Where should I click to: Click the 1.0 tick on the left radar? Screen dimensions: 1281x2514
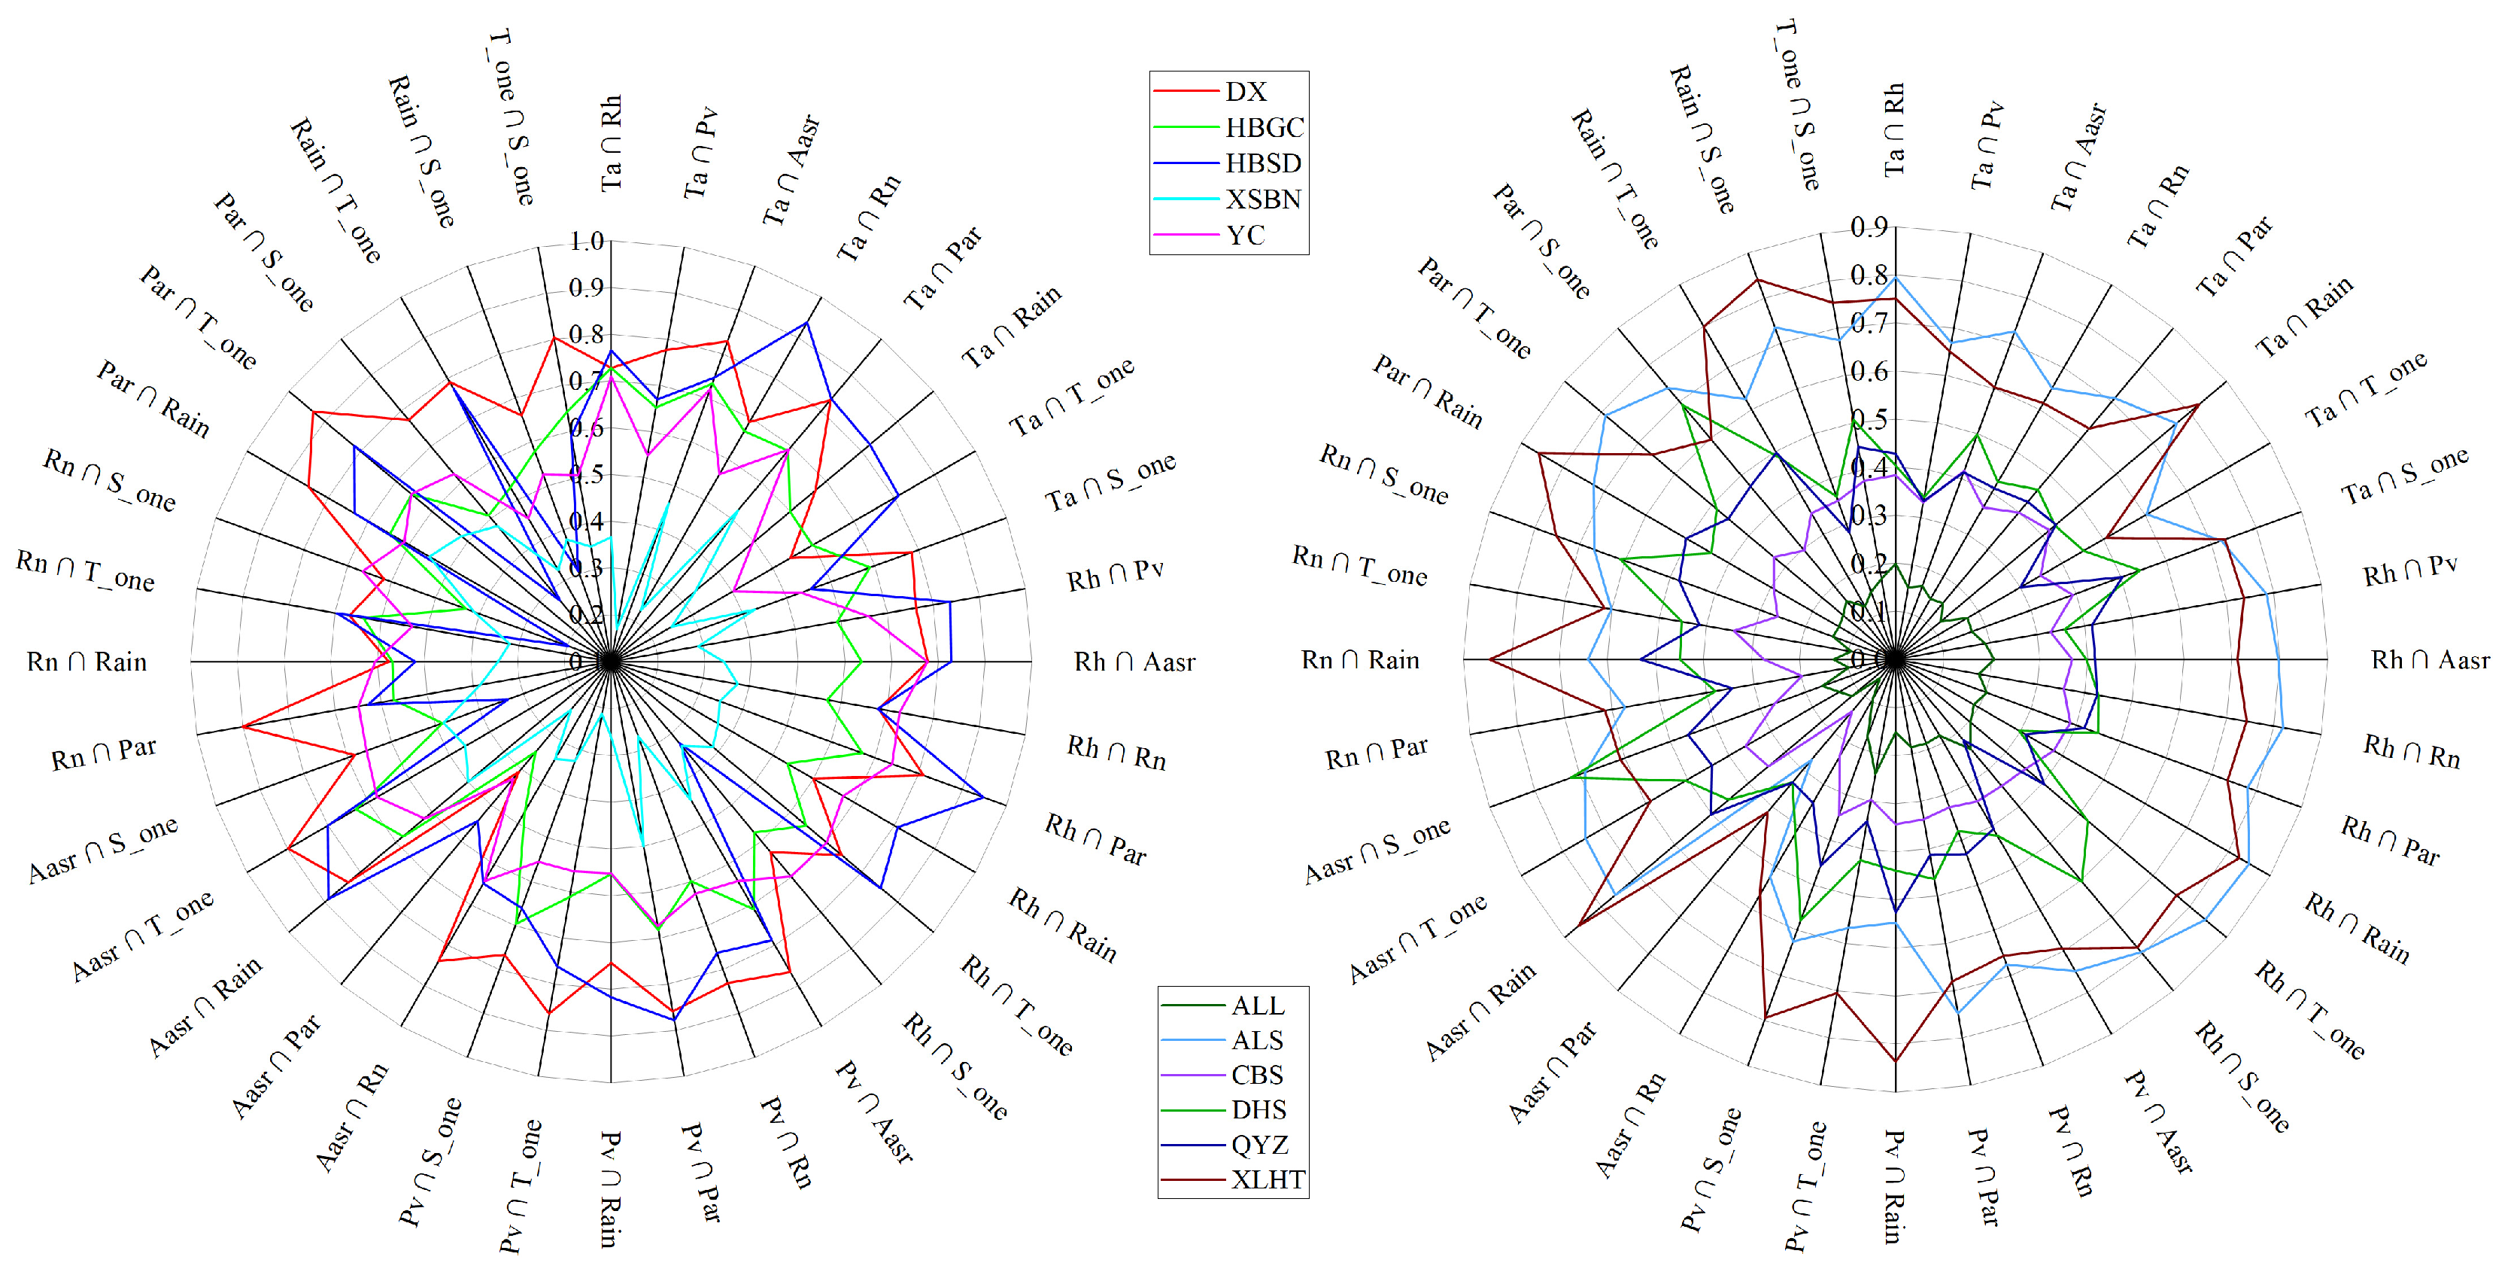click(x=587, y=240)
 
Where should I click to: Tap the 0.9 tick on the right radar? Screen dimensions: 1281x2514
click(x=1869, y=227)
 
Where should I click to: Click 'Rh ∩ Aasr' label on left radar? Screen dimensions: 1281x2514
click(x=1134, y=662)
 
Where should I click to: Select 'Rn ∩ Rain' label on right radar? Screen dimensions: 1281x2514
click(x=1359, y=660)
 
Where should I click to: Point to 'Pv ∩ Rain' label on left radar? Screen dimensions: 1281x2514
click(x=610, y=1188)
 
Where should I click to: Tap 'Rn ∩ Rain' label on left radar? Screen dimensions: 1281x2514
click(x=87, y=662)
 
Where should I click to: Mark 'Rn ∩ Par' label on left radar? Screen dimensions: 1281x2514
click(x=104, y=753)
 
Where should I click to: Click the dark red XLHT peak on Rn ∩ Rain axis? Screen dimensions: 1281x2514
click(x=1491, y=660)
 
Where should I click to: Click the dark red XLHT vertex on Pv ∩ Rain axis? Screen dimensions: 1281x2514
click(x=1895, y=1061)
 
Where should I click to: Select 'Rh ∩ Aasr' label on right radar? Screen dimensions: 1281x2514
click(x=2430, y=660)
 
